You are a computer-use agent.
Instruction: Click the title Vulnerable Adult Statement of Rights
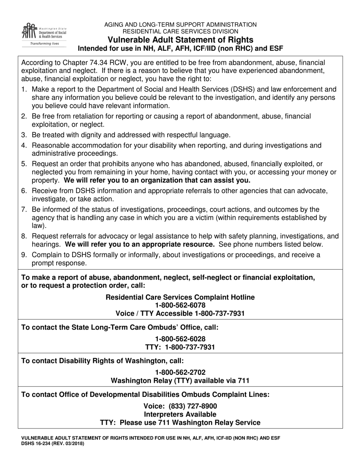[180, 40]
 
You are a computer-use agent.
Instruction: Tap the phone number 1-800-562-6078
[180, 305]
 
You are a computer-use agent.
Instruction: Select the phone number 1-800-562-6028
[180, 339]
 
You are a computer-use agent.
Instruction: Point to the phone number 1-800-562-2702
[180, 372]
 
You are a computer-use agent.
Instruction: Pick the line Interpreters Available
[180, 414]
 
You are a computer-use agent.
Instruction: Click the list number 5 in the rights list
[24, 164]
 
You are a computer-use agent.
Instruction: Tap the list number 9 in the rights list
[24, 255]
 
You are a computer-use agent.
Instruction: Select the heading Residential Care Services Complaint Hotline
[180, 297]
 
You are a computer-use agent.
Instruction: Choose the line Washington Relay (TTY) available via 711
[180, 380]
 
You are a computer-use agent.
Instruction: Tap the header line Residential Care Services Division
[180, 32]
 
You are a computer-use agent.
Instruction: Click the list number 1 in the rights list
[24, 90]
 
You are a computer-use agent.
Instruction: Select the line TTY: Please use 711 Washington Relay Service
[180, 423]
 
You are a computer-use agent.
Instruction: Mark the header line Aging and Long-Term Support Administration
[180, 25]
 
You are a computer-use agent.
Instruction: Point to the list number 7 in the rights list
[24, 210]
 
